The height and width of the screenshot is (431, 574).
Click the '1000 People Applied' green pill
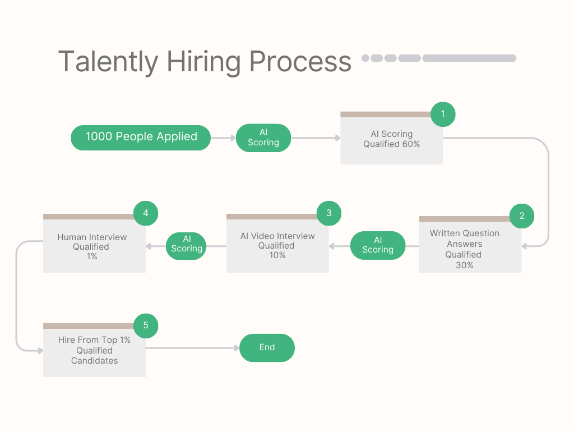pos(141,137)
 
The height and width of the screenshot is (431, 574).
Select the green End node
pos(267,348)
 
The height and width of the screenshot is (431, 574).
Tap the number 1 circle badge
pos(443,114)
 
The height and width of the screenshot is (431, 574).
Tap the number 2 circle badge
pos(521,215)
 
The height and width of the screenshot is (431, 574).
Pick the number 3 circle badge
pos(328,213)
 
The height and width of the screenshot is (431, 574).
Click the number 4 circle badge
pos(146,213)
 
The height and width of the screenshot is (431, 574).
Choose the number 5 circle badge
pos(146,325)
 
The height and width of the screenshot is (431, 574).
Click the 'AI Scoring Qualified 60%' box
pos(391,140)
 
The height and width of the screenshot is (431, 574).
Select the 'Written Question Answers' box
pos(470,247)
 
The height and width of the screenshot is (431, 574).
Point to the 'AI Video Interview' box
pos(277,245)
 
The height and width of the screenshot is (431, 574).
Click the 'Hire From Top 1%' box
pos(94,351)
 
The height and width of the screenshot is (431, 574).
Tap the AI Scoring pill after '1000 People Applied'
pos(263,137)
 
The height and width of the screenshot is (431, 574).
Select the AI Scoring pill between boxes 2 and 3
pos(378,245)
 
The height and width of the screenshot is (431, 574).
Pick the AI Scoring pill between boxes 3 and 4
pos(187,245)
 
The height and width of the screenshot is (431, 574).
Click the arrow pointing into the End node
pos(235,348)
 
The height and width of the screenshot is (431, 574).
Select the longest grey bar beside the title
pos(469,58)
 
